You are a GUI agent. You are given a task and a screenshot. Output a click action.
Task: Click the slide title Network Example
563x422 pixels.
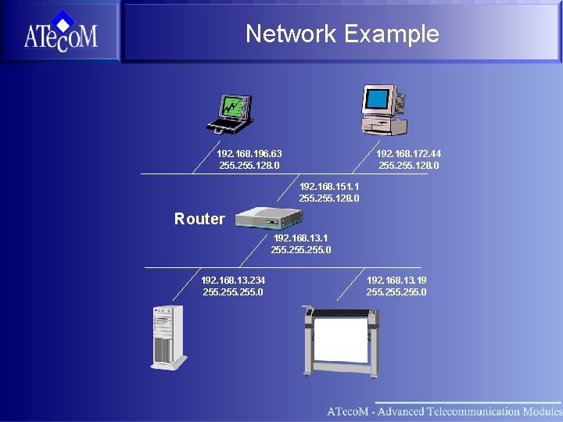[x=342, y=34]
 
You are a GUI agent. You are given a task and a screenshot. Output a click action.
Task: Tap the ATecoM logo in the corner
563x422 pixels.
[x=60, y=32]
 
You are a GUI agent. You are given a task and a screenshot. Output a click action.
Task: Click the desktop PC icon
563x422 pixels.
[x=383, y=111]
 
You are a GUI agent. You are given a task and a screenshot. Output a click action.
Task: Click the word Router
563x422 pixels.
[x=199, y=219]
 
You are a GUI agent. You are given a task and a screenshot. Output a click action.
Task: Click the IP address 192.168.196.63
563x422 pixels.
[x=249, y=153]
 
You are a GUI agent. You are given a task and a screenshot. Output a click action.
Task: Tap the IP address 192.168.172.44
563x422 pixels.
[x=408, y=153]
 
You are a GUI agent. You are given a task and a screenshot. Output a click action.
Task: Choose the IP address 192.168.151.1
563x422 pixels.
[x=329, y=187]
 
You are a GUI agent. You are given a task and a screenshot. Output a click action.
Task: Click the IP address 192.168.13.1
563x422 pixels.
[x=300, y=238]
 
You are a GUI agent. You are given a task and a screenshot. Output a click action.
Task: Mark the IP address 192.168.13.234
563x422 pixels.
[x=233, y=280]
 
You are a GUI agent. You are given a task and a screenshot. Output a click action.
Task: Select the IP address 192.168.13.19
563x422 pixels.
[x=396, y=280]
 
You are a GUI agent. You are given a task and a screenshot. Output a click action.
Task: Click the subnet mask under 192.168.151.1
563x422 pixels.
[x=329, y=198]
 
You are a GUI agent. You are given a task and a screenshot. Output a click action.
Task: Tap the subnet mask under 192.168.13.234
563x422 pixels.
[x=233, y=292]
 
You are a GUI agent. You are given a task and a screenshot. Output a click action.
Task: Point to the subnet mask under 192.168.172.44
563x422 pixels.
[x=408, y=166]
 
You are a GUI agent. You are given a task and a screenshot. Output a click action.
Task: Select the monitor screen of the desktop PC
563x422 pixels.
[x=378, y=99]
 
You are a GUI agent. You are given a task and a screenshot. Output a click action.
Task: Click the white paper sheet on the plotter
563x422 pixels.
[x=340, y=340]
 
